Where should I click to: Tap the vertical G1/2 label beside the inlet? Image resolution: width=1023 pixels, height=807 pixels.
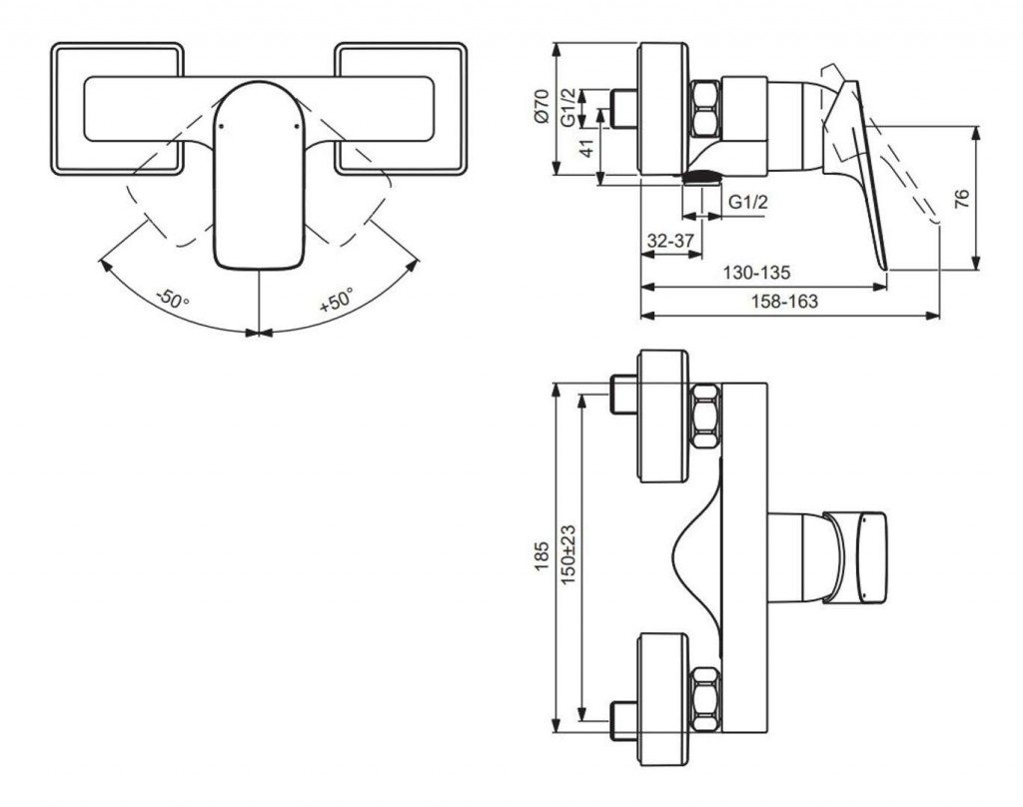pos(567,107)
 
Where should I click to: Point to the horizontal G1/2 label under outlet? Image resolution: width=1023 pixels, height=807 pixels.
pos(747,203)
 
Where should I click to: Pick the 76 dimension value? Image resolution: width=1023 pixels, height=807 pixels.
pos(961,198)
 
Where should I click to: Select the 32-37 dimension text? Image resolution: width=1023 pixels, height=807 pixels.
pos(669,242)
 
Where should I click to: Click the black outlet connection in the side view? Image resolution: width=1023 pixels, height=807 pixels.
pos(701,178)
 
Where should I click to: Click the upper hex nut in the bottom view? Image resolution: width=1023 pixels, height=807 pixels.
pos(705,415)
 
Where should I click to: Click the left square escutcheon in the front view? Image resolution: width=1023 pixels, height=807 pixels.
pos(117,108)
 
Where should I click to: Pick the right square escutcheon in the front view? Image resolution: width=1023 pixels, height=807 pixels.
pos(401,108)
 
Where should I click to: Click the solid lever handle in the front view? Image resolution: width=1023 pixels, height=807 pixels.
pos(259,180)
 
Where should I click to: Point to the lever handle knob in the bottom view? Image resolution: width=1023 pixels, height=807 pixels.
pos(855,557)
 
